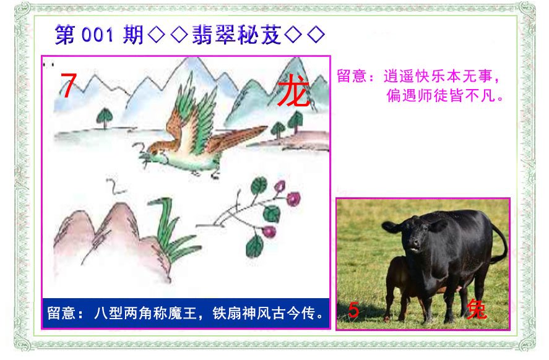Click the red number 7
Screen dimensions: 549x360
tap(68, 85)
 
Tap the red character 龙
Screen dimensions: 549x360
tap(293, 90)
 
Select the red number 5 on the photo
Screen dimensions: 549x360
tap(353, 311)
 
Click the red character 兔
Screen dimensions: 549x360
tap(476, 309)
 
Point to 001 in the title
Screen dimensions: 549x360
tap(97, 35)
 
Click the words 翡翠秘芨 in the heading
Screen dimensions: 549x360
tap(236, 35)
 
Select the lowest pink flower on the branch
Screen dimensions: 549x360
tap(269, 231)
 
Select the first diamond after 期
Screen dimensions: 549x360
tap(156, 35)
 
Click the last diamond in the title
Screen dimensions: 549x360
tap(316, 35)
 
